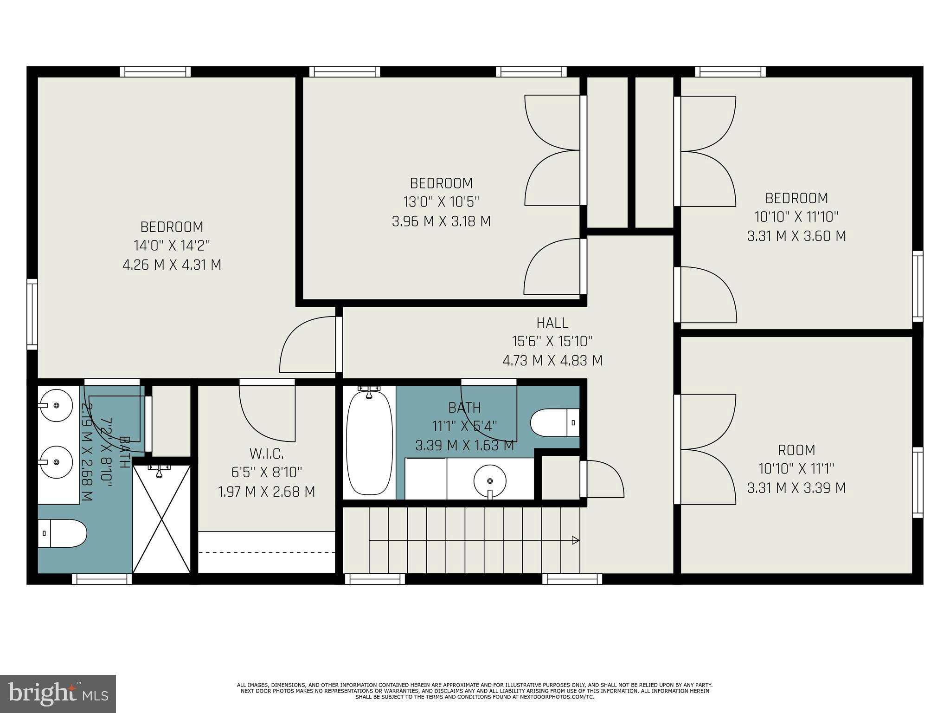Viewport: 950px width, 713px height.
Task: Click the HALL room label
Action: [x=552, y=322]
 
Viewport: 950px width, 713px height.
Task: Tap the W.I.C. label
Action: [x=266, y=453]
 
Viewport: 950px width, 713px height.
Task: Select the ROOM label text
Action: [x=796, y=450]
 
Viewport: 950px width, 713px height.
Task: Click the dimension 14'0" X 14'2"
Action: [x=172, y=246]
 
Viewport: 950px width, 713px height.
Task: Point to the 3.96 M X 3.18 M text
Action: [x=441, y=221]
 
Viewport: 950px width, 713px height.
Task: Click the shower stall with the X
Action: [x=161, y=519]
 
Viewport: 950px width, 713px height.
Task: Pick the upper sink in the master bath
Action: [x=55, y=405]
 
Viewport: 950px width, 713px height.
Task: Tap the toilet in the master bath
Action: [x=62, y=533]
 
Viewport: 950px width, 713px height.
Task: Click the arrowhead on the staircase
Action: [x=576, y=540]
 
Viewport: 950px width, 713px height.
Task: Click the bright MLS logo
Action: [x=58, y=694]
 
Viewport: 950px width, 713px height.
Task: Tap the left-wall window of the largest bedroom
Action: [x=32, y=314]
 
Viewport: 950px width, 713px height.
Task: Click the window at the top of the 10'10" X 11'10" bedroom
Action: [x=730, y=71]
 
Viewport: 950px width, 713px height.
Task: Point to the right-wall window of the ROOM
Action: [x=917, y=482]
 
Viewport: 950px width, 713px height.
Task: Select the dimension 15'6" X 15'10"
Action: [x=552, y=341]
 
